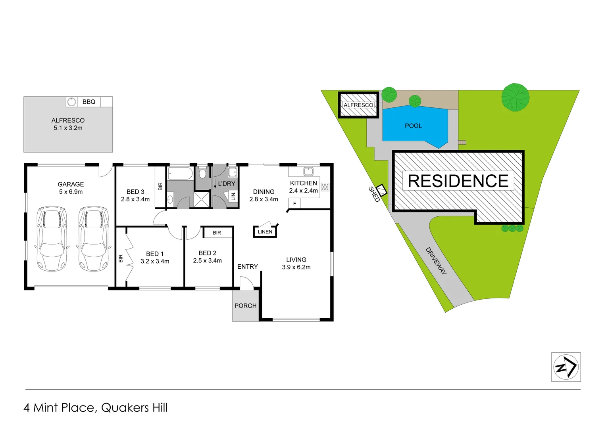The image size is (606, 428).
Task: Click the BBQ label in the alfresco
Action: (x=89, y=102)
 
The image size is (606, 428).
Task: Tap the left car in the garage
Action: (x=52, y=239)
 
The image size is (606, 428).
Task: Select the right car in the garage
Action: (x=93, y=239)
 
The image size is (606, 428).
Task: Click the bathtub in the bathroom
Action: (x=181, y=174)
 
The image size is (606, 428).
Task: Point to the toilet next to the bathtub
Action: (x=202, y=173)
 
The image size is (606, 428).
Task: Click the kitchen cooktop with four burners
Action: (x=325, y=187)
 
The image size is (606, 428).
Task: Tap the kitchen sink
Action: (x=308, y=172)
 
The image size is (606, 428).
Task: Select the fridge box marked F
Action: (x=294, y=203)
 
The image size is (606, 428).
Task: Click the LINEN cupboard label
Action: (x=265, y=232)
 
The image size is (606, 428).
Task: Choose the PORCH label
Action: (x=245, y=306)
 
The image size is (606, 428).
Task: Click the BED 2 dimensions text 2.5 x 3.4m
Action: (x=207, y=261)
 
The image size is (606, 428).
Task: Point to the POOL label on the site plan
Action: (x=413, y=126)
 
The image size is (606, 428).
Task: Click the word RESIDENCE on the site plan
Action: (x=458, y=181)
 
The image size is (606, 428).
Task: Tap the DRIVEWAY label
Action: (x=436, y=260)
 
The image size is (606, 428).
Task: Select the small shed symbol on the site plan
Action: (x=381, y=191)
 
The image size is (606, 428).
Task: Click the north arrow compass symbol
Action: (x=566, y=367)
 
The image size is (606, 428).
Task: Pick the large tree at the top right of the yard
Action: (x=515, y=97)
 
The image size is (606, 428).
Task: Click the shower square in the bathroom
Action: (x=202, y=199)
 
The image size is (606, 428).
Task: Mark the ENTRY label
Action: (x=248, y=267)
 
